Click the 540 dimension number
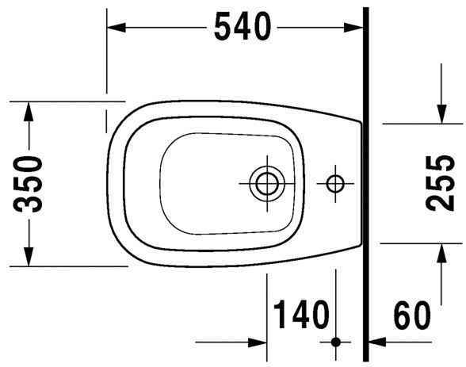tap(242, 28)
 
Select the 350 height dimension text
tap(29, 184)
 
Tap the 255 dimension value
tap(441, 184)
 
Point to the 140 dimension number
tap(300, 315)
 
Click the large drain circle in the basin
tap(264, 184)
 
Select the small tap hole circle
tap(334, 184)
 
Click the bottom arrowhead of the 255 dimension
tap(441, 252)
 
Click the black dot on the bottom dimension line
tap(335, 342)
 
